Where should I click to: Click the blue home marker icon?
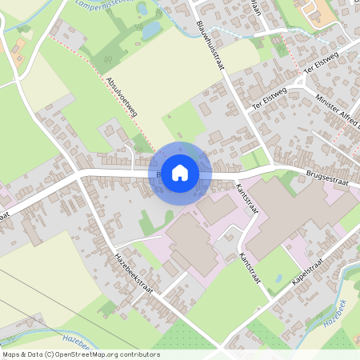coord(180,171)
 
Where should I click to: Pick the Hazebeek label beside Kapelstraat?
coord(338,320)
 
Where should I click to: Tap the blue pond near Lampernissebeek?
coord(150,30)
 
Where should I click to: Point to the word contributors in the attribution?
coord(137,354)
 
